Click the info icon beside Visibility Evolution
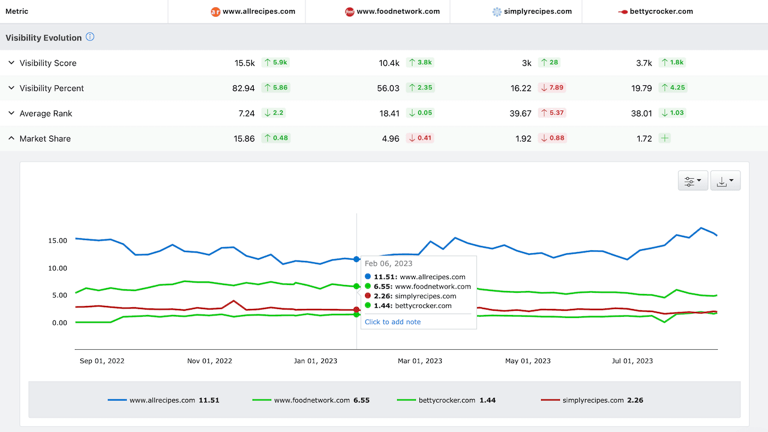(90, 37)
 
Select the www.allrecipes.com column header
(253, 11)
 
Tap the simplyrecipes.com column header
(532, 11)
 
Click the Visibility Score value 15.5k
(244, 63)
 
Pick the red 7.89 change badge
(552, 88)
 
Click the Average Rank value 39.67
(520, 113)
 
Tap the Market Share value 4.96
(391, 139)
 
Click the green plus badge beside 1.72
(664, 138)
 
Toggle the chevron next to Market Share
(11, 138)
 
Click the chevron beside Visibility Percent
(11, 88)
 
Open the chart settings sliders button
(693, 181)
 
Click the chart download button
(725, 181)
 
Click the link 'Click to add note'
(392, 322)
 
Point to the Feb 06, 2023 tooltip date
(388, 263)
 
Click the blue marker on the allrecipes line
(356, 259)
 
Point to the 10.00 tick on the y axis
(58, 268)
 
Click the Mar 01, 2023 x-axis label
(420, 361)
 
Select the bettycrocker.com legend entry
(446, 400)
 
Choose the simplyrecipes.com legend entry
(592, 400)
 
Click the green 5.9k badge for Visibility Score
(275, 62)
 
